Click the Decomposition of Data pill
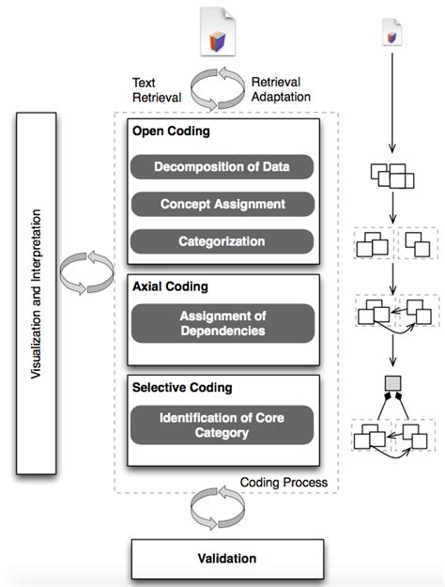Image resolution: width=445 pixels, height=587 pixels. (x=222, y=166)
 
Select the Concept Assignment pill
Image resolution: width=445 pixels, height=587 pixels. (x=222, y=204)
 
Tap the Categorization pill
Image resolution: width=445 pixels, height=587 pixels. (x=222, y=241)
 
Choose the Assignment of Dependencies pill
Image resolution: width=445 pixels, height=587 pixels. (x=222, y=323)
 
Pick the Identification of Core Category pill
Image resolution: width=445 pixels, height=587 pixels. (x=222, y=425)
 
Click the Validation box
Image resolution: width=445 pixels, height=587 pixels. (x=227, y=559)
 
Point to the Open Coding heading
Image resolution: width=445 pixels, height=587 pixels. (x=171, y=131)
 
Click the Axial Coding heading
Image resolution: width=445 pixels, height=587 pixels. (x=170, y=286)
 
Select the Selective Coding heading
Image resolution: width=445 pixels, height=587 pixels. (x=182, y=388)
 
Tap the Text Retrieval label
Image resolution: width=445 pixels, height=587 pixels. (x=157, y=90)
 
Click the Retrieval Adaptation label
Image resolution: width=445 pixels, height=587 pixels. (x=281, y=89)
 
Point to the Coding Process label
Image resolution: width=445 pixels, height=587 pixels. (x=284, y=482)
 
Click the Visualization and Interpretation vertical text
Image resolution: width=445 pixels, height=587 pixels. (x=36, y=294)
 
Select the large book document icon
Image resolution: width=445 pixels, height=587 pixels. (x=218, y=32)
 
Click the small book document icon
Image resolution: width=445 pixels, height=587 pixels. (x=391, y=33)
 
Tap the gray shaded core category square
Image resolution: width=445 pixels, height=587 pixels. (x=393, y=384)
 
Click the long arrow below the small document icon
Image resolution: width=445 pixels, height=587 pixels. (x=392, y=103)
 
